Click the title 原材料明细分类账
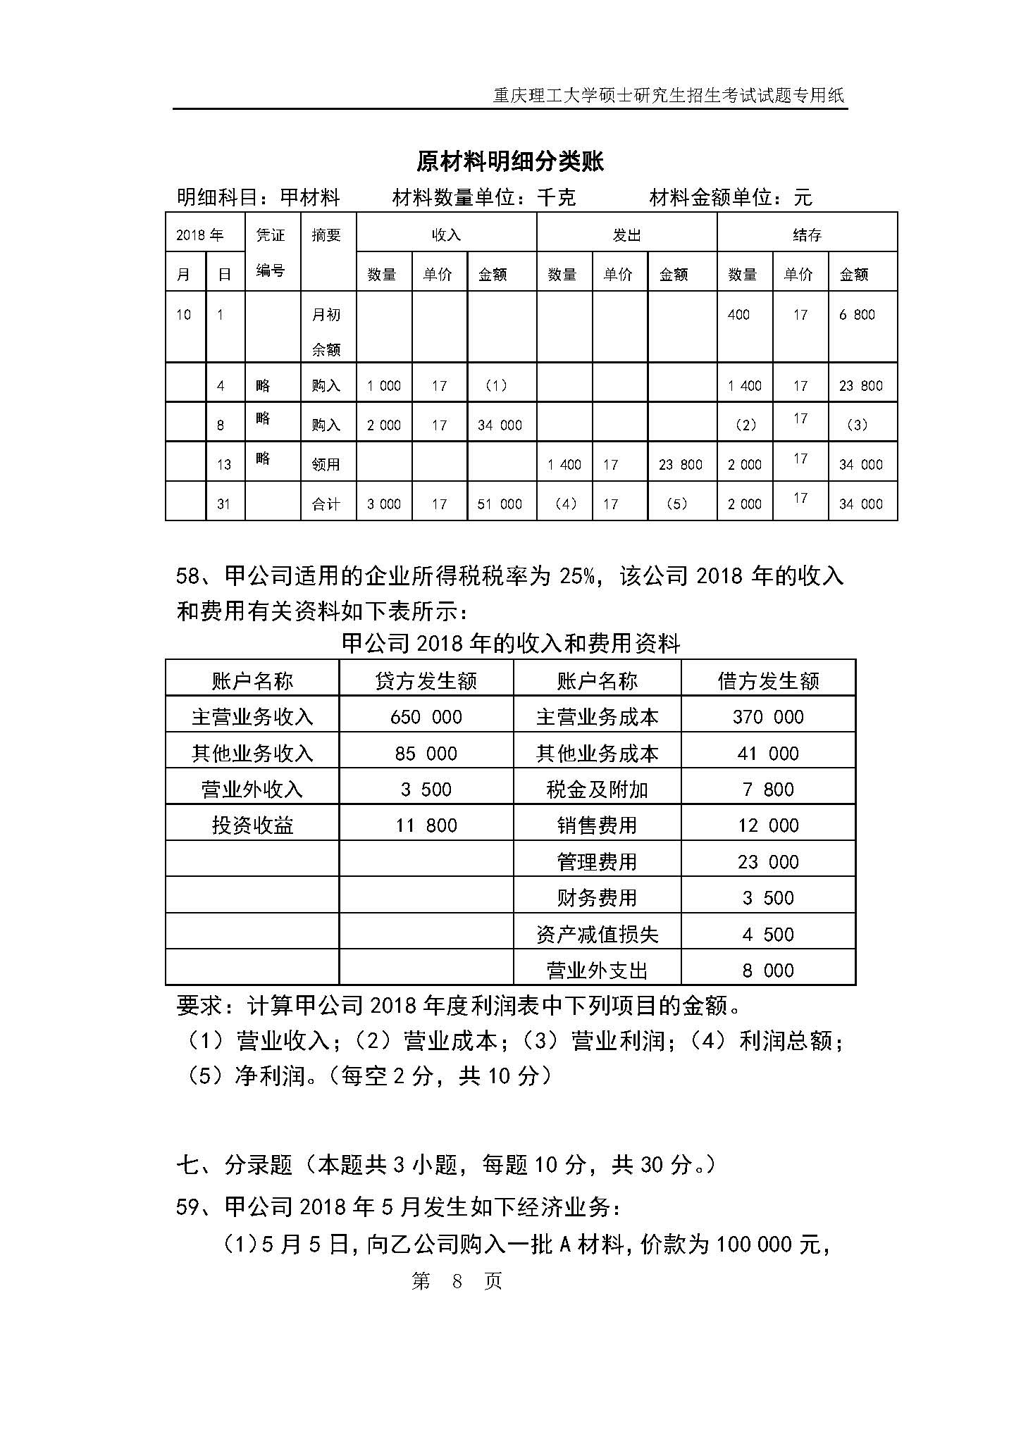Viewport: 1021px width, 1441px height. pyautogui.click(x=510, y=162)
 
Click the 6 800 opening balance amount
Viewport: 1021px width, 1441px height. pyautogui.click(x=857, y=315)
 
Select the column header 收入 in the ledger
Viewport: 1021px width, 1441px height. pyautogui.click(x=446, y=235)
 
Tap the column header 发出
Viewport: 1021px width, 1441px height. pyautogui.click(x=626, y=235)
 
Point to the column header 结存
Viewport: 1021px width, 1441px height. pyautogui.click(x=807, y=235)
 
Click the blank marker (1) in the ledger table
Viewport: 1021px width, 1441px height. pyautogui.click(x=496, y=385)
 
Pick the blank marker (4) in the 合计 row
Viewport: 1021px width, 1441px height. pyautogui.click(x=566, y=504)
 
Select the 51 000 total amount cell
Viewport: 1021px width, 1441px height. pyautogui.click(x=500, y=504)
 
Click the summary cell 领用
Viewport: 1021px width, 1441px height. pyautogui.click(x=326, y=464)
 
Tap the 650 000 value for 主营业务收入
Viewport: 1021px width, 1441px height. pyautogui.click(x=426, y=717)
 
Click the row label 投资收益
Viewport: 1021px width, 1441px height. pyautogui.click(x=252, y=825)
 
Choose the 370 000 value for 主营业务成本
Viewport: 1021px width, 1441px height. pyautogui.click(x=768, y=717)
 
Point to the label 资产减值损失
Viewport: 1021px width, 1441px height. pyautogui.click(x=597, y=935)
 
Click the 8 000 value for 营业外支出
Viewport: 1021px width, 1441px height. pyautogui.click(x=768, y=971)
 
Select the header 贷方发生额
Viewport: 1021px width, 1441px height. pyautogui.click(x=426, y=681)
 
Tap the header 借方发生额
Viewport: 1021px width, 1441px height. pyautogui.click(x=768, y=681)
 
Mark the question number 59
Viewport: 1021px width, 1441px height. pyautogui.click(x=188, y=1207)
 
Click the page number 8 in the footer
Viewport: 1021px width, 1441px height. pyautogui.click(x=457, y=1280)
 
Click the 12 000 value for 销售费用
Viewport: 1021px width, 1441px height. pyautogui.click(x=768, y=825)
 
